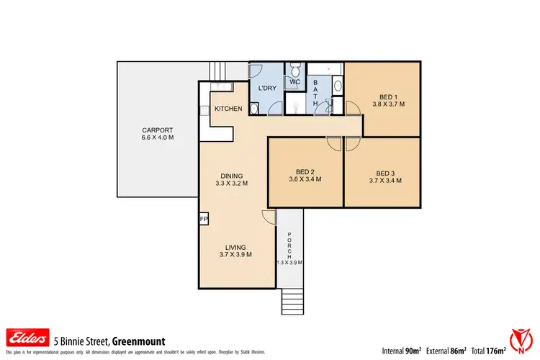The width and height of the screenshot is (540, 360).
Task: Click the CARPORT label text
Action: coord(158,130)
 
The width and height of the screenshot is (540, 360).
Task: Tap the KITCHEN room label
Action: coord(228,109)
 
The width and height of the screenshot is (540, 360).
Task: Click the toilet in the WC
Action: coord(295,71)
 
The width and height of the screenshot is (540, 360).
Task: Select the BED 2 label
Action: coord(305,171)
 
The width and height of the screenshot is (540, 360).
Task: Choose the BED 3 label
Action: coord(386,173)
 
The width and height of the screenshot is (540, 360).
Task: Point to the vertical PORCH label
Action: coord(289,246)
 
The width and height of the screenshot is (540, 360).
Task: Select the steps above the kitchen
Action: coord(217,71)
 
